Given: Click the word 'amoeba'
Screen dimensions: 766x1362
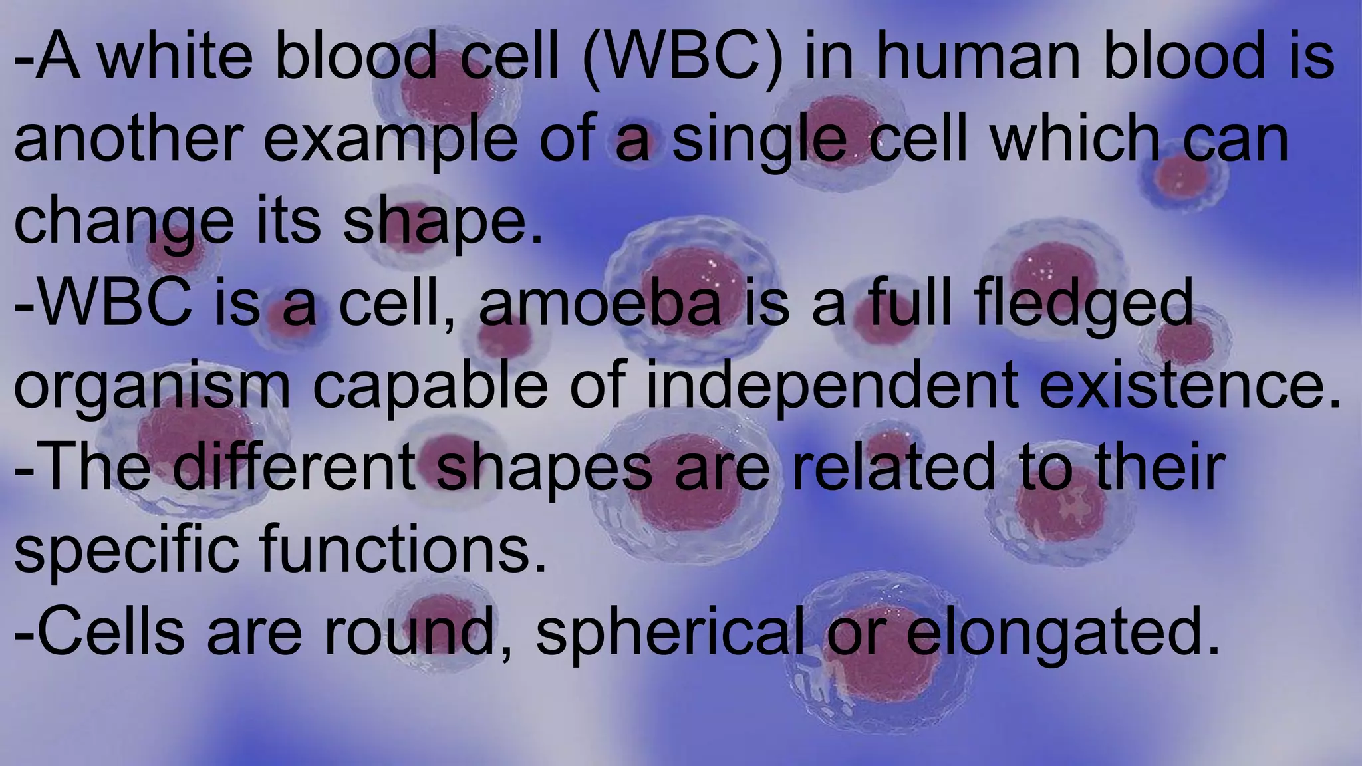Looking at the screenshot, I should (599, 305).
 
